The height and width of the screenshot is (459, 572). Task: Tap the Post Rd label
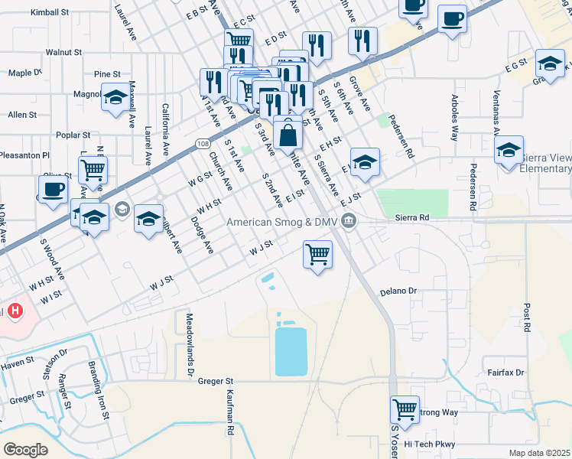coord(527,317)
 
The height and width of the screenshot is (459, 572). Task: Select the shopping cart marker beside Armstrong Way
coord(404,409)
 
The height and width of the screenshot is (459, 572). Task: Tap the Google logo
coord(25,449)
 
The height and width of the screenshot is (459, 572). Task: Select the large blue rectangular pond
coord(291,352)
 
